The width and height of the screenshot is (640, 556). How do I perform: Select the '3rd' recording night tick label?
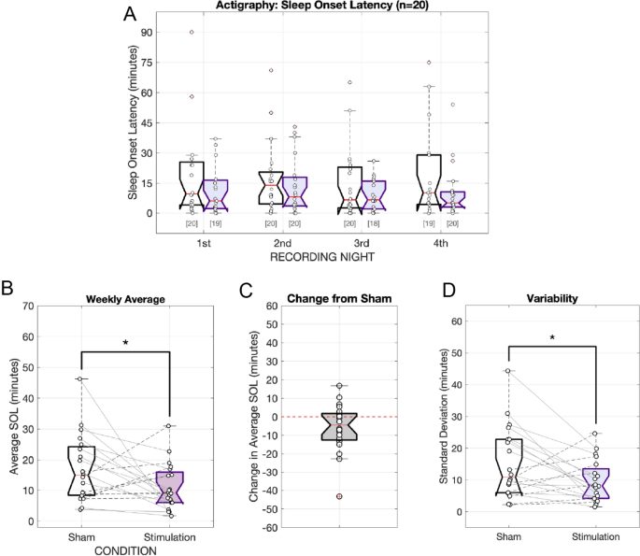pyautogui.click(x=362, y=242)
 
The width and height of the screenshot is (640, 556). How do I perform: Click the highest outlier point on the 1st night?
pyautogui.click(x=192, y=32)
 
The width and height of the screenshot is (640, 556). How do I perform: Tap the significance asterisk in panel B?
pyautogui.click(x=125, y=344)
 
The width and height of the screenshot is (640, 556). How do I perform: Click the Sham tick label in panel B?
pyautogui.click(x=82, y=537)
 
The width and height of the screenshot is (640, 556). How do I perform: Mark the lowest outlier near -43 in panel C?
pyautogui.click(x=339, y=496)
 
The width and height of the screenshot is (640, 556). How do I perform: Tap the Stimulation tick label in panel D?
pyautogui.click(x=595, y=537)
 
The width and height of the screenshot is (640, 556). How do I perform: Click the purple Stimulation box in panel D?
pyautogui.click(x=595, y=484)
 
